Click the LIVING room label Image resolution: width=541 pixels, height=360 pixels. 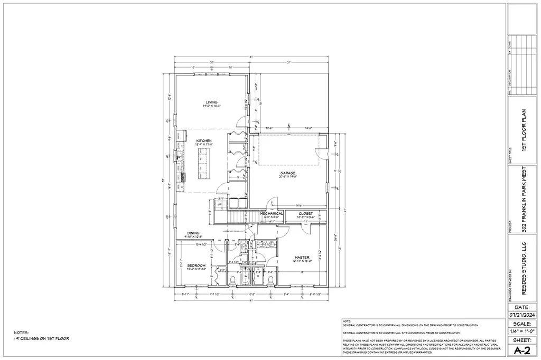pos(211,102)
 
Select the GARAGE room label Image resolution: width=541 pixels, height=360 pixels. pos(287,173)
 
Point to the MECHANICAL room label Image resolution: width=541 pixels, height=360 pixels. pos(272,213)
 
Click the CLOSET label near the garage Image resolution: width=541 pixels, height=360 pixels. pos(305,213)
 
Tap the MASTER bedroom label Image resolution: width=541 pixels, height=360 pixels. pos(302,258)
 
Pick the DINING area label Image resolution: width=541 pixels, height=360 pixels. pos(193,233)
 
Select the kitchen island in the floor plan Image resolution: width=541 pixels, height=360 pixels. pos(201,163)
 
